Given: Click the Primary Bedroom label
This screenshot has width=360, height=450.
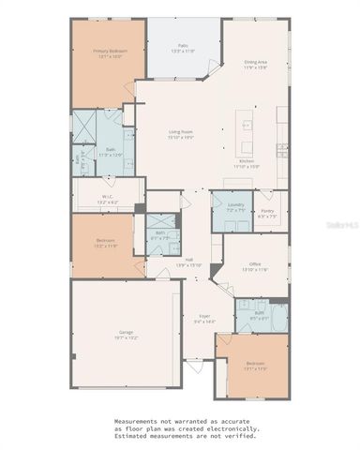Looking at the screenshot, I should click(108, 51).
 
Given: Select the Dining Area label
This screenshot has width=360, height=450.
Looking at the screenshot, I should click(256, 62).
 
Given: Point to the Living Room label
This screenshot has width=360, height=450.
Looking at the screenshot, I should click(180, 134).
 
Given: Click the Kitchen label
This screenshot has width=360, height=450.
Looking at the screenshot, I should click(247, 161).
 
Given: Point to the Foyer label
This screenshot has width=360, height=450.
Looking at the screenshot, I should click(204, 319).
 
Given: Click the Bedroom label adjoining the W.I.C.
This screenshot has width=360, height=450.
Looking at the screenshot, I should click(105, 241).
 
